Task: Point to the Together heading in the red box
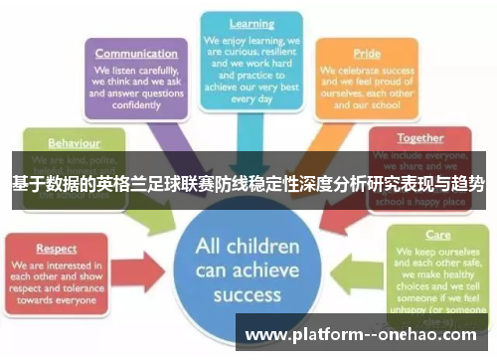420,137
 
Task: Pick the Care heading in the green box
438,237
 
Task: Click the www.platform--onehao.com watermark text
362,334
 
